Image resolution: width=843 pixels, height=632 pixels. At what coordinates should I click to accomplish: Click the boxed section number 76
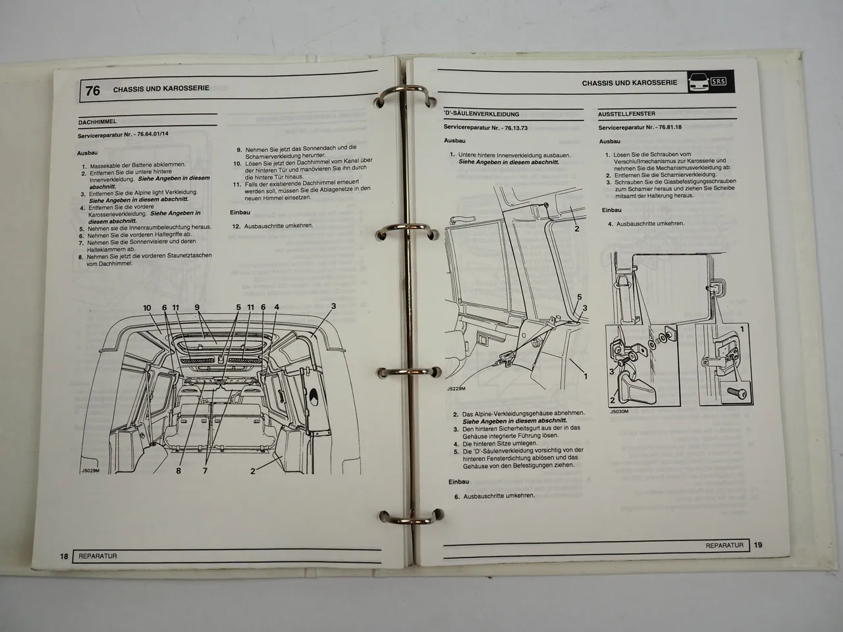click(93, 90)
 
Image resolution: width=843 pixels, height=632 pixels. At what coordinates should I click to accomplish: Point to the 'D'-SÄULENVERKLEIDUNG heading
click(481, 114)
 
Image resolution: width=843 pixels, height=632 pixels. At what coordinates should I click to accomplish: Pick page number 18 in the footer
click(64, 556)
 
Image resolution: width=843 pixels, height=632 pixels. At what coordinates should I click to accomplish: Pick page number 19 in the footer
click(758, 544)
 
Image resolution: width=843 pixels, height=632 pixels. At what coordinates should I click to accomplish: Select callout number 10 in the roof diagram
click(147, 307)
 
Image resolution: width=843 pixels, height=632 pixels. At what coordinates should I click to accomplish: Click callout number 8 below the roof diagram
click(178, 471)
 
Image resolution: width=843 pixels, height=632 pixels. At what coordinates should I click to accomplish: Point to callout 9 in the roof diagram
click(197, 307)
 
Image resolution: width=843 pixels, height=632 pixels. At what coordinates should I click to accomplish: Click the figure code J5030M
click(619, 411)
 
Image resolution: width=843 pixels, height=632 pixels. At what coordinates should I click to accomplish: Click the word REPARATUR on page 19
click(724, 545)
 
